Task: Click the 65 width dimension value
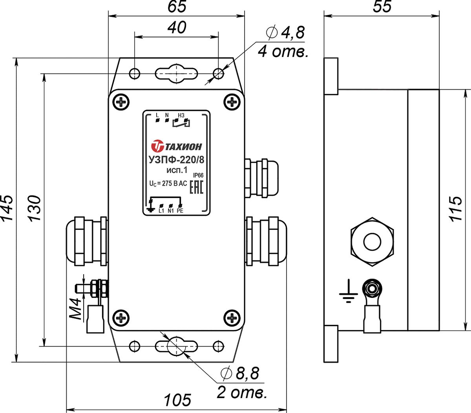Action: coord(177,7)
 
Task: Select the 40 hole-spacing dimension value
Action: coord(177,28)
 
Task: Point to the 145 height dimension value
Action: coord(7,209)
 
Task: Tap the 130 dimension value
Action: coord(35,209)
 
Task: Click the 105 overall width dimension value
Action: coord(177,400)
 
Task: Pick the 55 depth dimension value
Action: coord(382,7)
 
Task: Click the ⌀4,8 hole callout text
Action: coord(285,33)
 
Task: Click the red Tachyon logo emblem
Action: coord(157,146)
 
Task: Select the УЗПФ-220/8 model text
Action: coord(176,160)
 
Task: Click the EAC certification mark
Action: coord(196,187)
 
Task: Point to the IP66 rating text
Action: coord(198,175)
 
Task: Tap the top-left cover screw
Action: coord(121,102)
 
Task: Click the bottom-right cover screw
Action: coord(232,318)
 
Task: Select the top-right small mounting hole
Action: coord(219,74)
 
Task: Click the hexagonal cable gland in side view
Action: coord(372,242)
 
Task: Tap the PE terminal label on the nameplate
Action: coord(180,211)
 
